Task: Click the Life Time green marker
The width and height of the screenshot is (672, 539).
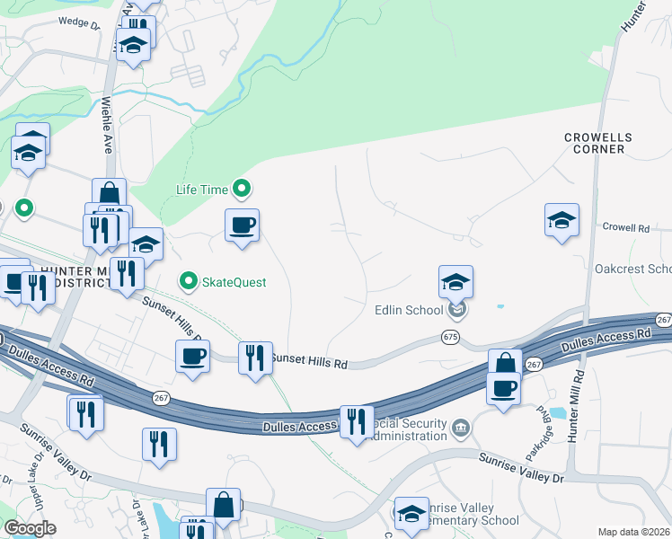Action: coord(241,189)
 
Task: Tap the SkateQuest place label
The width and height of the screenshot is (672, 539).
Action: coord(233,282)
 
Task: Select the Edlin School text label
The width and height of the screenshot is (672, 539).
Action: coord(410,311)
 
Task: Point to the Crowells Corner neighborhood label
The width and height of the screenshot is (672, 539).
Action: coord(598,143)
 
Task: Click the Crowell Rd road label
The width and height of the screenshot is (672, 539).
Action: coord(625,228)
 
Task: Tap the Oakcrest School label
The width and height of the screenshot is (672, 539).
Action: coord(633,269)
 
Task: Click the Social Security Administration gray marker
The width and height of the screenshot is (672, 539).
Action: coord(461,425)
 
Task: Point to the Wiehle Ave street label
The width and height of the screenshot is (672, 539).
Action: coord(106,125)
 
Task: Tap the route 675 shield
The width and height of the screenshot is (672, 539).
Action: coord(450,336)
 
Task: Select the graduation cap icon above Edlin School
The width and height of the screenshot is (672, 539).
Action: coord(455,281)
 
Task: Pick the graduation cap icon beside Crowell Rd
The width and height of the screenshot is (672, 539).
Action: coord(561,219)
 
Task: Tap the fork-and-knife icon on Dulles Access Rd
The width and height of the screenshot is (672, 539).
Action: coord(357,422)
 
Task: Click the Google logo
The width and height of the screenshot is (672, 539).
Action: coord(30,528)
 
